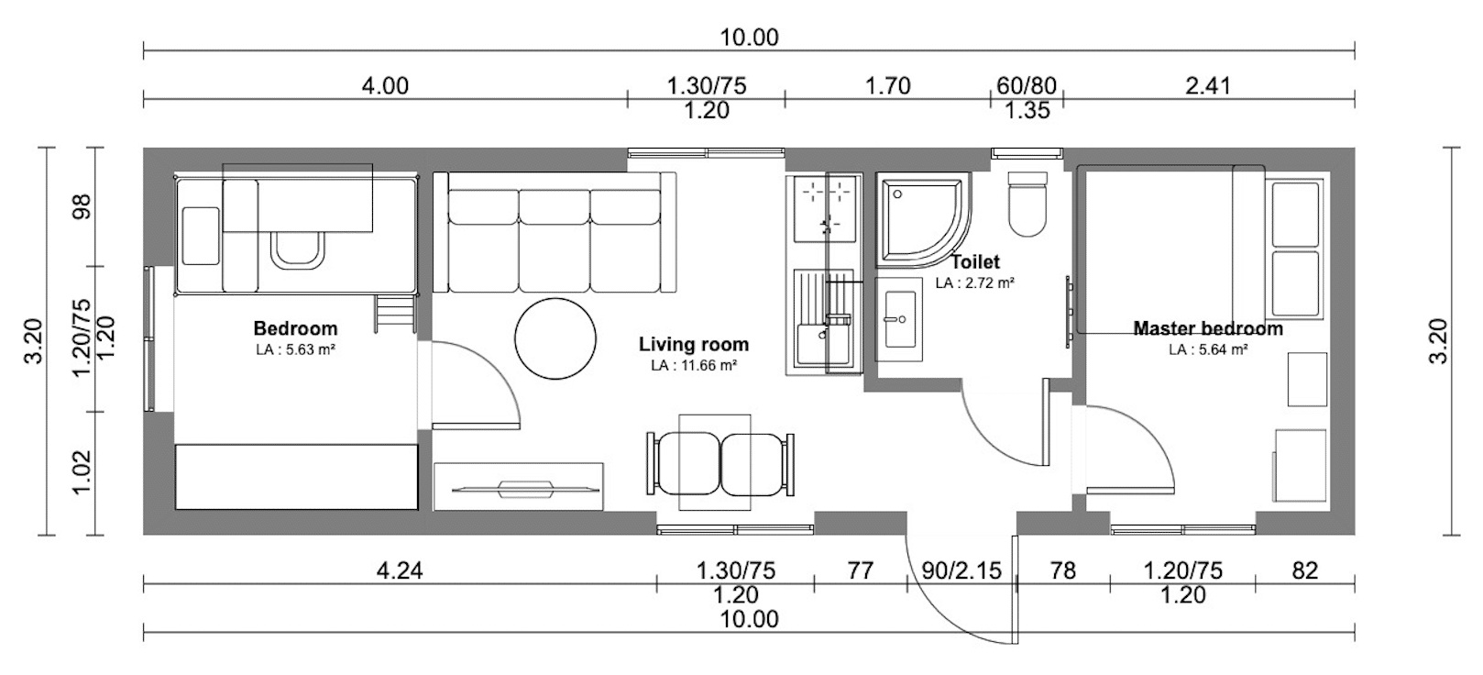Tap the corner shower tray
pyautogui.click(x=923, y=220)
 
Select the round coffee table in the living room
pyautogui.click(x=555, y=338)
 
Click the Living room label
pyautogui.click(x=694, y=345)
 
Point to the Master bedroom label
pyautogui.click(x=1208, y=328)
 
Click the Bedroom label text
pyautogui.click(x=295, y=328)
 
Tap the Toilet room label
pyautogui.click(x=976, y=262)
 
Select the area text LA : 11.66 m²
pyautogui.click(x=694, y=366)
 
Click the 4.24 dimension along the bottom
pyautogui.click(x=400, y=570)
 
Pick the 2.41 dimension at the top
pyautogui.click(x=1208, y=86)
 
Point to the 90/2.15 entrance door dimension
pyautogui.click(x=961, y=570)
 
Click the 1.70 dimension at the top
pyautogui.click(x=888, y=86)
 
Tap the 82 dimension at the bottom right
pyautogui.click(x=1305, y=570)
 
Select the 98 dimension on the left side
pyautogui.click(x=82, y=206)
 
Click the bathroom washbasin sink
pyautogui.click(x=899, y=320)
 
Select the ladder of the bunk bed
pyautogui.click(x=395, y=314)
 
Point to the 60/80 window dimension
pyautogui.click(x=1027, y=86)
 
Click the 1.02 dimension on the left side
pyautogui.click(x=82, y=472)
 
